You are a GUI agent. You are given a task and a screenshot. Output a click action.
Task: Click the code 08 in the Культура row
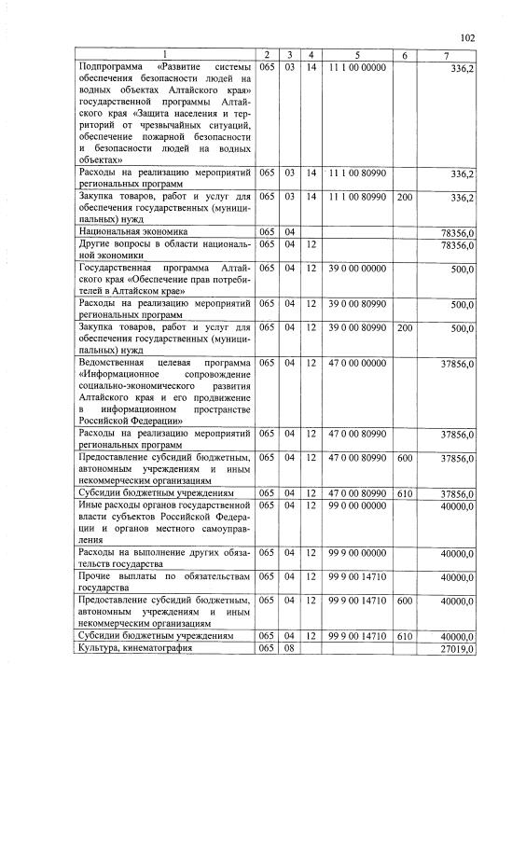[290, 648]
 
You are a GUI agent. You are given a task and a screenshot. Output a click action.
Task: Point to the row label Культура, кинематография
[139, 648]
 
